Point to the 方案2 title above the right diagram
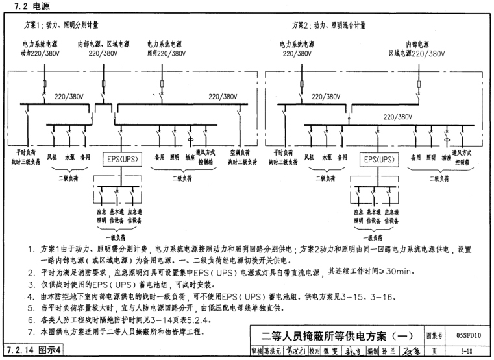point(328,25)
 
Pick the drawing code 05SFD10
point(463,337)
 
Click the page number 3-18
point(463,352)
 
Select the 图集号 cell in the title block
point(433,337)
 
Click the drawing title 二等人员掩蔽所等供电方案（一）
point(335,337)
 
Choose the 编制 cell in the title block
point(373,352)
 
